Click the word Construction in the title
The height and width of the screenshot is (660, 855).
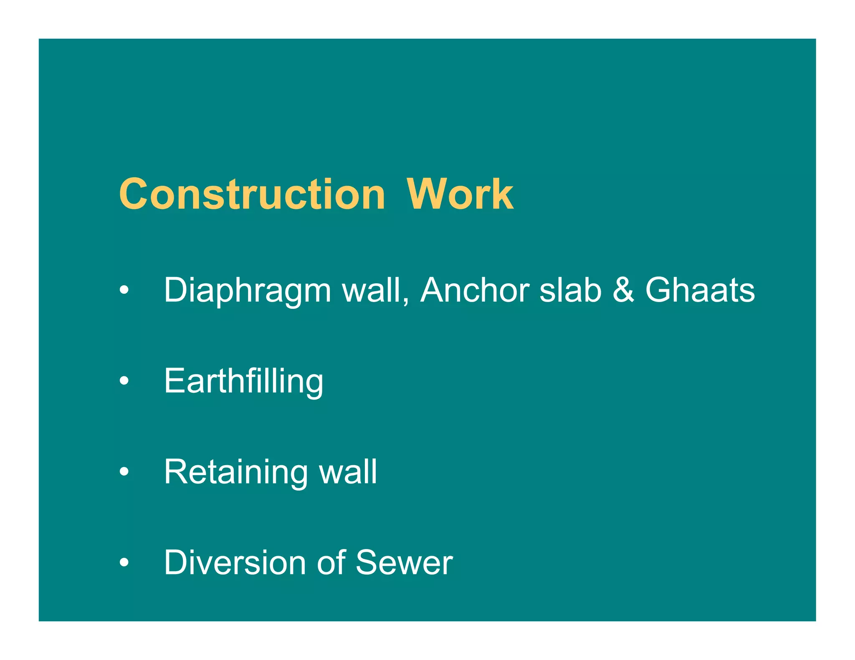tap(252, 194)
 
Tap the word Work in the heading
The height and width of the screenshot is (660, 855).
tap(460, 194)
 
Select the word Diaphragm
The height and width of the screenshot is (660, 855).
tap(248, 291)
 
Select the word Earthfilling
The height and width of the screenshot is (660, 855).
tap(244, 382)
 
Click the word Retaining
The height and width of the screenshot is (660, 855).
tap(236, 472)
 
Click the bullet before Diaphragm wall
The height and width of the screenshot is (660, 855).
tap(124, 290)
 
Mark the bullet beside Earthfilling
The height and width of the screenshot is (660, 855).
tap(124, 381)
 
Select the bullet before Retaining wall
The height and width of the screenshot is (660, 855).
tap(124, 471)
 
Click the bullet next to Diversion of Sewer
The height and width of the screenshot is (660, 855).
tap(124, 562)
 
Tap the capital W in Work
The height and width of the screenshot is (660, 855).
tap(426, 194)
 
